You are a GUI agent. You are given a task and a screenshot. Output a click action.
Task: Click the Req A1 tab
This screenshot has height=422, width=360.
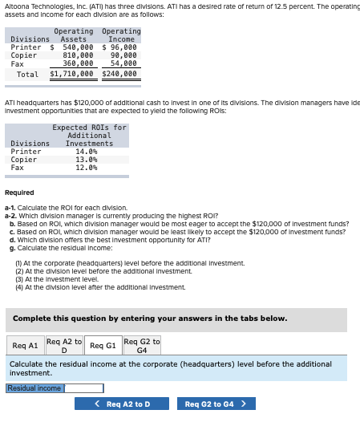(26, 346)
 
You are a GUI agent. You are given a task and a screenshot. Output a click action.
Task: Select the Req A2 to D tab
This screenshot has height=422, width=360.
(64, 346)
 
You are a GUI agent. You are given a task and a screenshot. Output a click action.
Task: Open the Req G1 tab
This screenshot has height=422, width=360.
(103, 346)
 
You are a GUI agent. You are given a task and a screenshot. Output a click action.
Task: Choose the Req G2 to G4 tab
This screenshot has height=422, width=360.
(142, 346)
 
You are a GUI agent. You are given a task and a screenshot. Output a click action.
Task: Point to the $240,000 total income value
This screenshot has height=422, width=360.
(120, 74)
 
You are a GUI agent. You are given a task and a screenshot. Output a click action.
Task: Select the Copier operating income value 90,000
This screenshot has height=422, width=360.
(123, 55)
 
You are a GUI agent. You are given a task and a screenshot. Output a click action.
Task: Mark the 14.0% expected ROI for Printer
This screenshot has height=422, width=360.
(86, 151)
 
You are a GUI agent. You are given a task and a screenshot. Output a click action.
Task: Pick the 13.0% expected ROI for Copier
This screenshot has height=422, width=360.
(86, 159)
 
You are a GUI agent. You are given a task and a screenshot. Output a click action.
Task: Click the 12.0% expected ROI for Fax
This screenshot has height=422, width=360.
(86, 167)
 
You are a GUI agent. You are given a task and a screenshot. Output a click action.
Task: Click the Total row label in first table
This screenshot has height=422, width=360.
(27, 74)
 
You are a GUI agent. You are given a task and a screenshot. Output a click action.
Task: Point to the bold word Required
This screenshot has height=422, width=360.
(19, 193)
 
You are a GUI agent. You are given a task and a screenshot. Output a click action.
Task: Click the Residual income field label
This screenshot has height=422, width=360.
(34, 388)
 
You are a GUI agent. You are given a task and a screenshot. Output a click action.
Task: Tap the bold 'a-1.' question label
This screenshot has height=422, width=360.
(11, 208)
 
